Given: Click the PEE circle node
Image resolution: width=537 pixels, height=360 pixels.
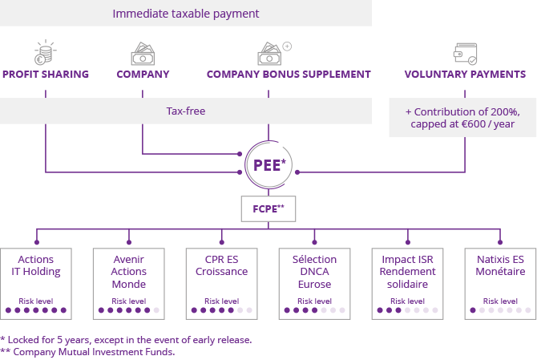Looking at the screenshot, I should click(x=268, y=166).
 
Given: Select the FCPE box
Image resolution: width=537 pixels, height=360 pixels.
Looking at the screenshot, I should click(x=268, y=208).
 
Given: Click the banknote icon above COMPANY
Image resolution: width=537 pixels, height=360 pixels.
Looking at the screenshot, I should click(x=143, y=55).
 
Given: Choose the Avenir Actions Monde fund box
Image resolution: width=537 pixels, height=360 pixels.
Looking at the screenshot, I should click(x=129, y=283).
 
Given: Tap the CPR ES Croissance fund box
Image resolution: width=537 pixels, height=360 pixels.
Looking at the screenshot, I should click(x=221, y=283).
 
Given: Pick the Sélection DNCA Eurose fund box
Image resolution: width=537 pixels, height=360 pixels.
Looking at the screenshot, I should click(x=314, y=283).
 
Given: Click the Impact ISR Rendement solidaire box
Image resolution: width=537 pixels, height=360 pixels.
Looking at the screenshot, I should click(x=407, y=283).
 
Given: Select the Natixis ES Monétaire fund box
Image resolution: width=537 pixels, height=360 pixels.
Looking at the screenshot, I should click(x=500, y=283).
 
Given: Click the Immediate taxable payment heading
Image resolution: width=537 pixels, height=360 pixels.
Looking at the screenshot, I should click(x=186, y=14).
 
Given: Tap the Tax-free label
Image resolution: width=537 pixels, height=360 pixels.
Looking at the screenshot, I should click(x=186, y=111).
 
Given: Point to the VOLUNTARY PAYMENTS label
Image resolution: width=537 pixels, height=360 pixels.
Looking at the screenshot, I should click(x=465, y=75).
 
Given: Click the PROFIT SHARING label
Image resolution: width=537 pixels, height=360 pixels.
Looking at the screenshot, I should click(x=46, y=75).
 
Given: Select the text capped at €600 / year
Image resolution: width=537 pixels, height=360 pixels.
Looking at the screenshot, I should click(x=462, y=124).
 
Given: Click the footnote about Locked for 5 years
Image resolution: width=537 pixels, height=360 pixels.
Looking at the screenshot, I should click(x=126, y=339).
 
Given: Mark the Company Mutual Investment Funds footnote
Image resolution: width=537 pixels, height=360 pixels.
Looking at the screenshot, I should click(x=87, y=351).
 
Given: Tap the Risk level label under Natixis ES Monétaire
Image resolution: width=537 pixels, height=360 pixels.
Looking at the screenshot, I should click(x=500, y=301).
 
